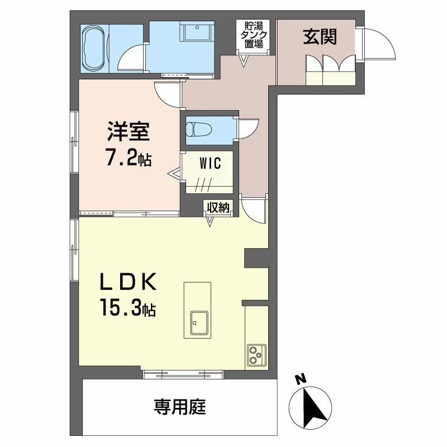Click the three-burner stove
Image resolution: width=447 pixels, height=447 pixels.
[256, 354]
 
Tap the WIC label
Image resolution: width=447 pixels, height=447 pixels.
[211, 164]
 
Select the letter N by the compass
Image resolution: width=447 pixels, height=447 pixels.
[301, 379]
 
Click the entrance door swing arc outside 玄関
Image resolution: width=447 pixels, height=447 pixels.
[380, 45]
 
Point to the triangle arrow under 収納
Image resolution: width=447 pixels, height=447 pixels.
[211, 222]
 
